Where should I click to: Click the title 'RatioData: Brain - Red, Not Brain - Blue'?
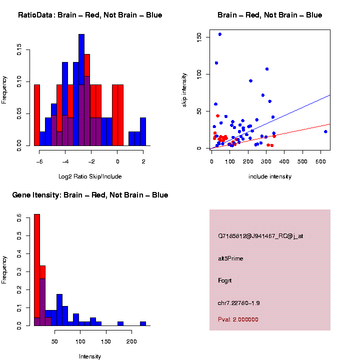pos(90,15)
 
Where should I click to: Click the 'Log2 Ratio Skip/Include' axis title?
pos(90,176)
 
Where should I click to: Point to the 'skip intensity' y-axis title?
pos(184,88)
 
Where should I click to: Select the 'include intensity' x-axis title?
pos(270,176)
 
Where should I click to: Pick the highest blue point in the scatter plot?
pos(219,34)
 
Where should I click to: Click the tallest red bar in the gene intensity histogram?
pos(37,270)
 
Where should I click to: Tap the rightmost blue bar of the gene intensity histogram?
pos(143,323)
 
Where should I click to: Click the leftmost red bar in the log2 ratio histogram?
pos(37,115)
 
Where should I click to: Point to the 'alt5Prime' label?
pos(230,258)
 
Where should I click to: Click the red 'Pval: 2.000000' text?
pos(238,319)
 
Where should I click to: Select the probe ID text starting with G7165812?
pos(260,236)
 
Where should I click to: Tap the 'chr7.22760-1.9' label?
pos(238,303)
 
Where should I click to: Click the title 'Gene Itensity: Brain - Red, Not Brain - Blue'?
pos(90,195)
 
